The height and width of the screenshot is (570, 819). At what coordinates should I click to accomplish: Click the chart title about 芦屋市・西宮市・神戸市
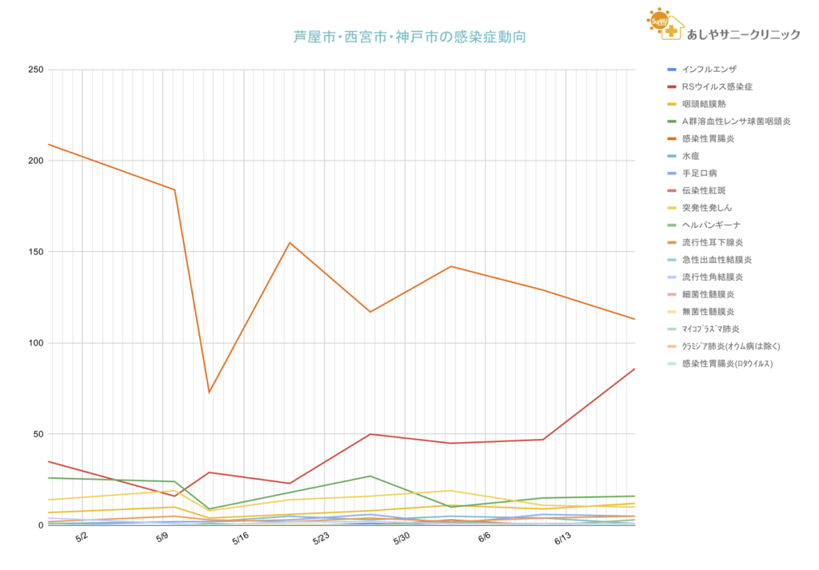(409, 37)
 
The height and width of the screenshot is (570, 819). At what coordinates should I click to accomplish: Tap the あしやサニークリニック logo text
(743, 34)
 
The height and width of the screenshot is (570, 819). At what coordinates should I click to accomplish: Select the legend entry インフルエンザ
(709, 70)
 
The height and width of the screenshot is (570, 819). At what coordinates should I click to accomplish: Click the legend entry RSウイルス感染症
(717, 86)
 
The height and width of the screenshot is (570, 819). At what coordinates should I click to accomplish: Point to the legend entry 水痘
(692, 156)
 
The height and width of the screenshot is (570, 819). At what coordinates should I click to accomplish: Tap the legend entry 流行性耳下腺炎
(712, 242)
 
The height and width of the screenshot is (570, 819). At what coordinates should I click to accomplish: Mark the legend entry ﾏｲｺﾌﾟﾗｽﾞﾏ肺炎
(710, 329)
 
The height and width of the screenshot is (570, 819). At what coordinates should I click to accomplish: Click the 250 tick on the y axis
(35, 70)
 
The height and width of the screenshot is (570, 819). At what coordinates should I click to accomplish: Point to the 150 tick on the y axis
(35, 252)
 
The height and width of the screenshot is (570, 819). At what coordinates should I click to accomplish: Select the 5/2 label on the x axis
(80, 540)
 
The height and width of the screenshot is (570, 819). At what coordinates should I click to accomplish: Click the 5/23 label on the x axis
(319, 540)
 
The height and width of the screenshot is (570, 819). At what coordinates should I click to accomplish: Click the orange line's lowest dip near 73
(210, 392)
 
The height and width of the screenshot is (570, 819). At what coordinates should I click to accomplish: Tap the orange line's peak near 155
(290, 242)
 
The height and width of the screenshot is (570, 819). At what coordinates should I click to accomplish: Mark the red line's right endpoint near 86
(635, 369)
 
